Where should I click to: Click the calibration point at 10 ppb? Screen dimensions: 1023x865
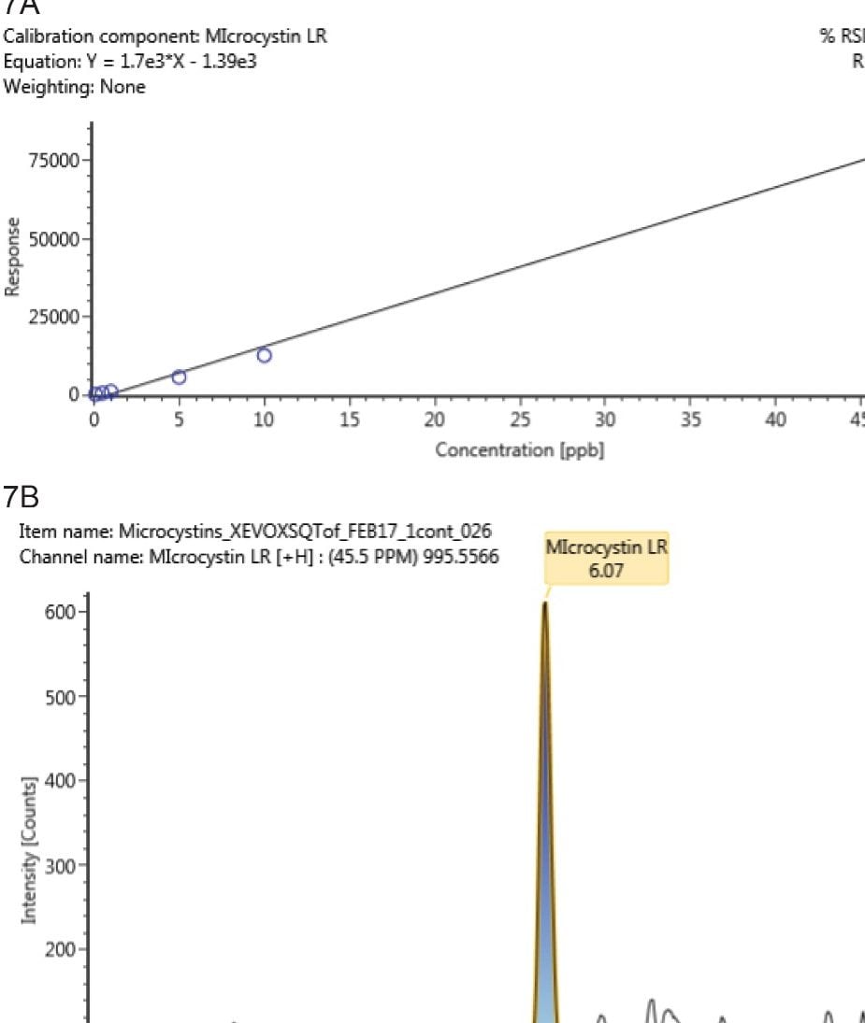[265, 355]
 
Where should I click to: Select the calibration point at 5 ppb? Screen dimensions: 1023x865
[179, 377]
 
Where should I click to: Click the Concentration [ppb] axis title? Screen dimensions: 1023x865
[520, 450]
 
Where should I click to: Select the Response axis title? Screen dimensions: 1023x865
[12, 258]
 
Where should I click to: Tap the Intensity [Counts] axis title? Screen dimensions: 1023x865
[31, 846]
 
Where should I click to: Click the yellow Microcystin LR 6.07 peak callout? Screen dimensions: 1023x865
[607, 559]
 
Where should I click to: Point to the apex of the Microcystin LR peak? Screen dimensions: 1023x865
[544, 603]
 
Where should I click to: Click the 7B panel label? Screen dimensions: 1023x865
[22, 496]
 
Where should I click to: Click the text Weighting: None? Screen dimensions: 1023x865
[75, 88]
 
